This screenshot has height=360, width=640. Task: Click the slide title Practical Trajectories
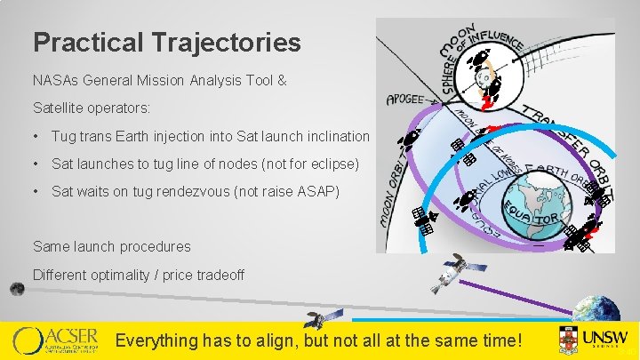pos(166,42)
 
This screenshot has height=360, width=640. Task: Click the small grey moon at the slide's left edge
pos(16,288)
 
